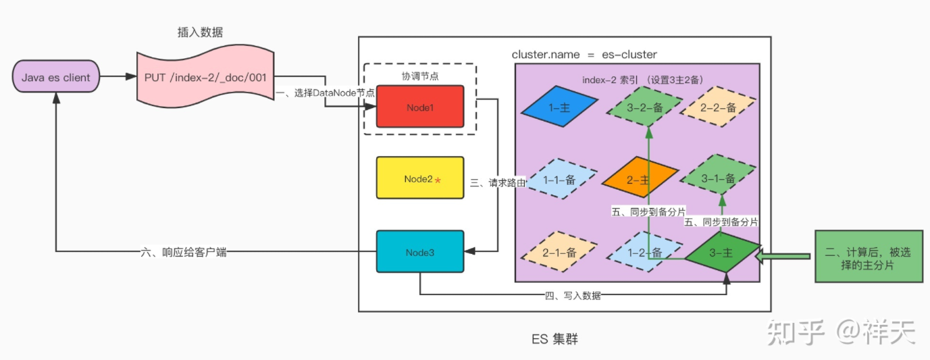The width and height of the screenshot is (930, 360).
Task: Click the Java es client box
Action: [x=56, y=78]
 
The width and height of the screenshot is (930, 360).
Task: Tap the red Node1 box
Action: [x=419, y=107]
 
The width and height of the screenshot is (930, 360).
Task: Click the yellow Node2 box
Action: [x=419, y=178]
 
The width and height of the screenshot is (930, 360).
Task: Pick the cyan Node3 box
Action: [x=419, y=251]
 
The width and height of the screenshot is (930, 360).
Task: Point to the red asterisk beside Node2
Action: [x=438, y=180]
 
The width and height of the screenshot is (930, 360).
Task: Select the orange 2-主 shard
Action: [x=639, y=179]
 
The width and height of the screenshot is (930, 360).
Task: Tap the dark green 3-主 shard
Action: [x=722, y=252]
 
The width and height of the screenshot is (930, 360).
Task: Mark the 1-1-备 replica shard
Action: [x=560, y=179]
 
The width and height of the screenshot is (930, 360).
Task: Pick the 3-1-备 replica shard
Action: [x=717, y=179]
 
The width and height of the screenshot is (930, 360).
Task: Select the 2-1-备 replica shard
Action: [x=560, y=252]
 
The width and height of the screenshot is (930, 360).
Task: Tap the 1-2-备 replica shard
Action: [x=638, y=252]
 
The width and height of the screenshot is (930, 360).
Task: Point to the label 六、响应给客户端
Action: [x=187, y=252]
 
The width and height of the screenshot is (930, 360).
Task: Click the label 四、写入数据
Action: [x=573, y=295]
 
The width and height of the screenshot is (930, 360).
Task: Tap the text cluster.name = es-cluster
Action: [x=584, y=54]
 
